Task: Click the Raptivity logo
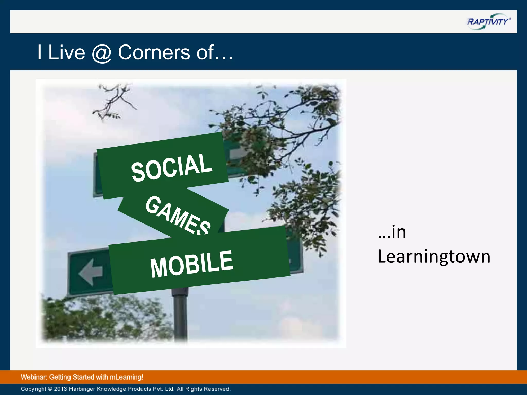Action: pyautogui.click(x=488, y=22)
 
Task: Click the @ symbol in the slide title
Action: pyautogui.click(x=101, y=53)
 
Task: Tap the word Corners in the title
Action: pyautogui.click(x=154, y=52)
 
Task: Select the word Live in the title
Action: pyautogui.click(x=66, y=52)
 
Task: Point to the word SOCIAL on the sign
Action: pyautogui.click(x=172, y=167)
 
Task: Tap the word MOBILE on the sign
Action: pyautogui.click(x=192, y=264)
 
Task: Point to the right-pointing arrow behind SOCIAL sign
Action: pyautogui.click(x=237, y=154)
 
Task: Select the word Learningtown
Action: pyautogui.click(x=434, y=257)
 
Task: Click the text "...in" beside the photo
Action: pyautogui.click(x=392, y=232)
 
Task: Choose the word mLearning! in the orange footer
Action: pyautogui.click(x=126, y=377)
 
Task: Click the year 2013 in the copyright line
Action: pyautogui.click(x=60, y=389)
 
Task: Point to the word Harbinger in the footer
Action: pyautogui.click(x=82, y=389)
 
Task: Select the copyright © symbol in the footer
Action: pyautogui.click(x=50, y=389)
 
